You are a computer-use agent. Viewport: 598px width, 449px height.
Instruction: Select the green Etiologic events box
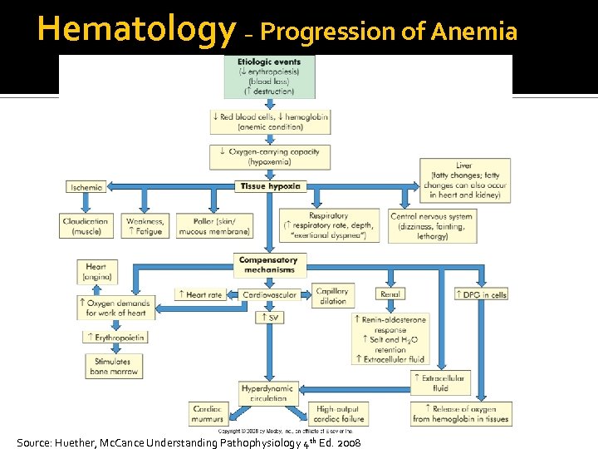[269, 76]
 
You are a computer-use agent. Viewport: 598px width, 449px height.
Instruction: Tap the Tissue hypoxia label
[270, 186]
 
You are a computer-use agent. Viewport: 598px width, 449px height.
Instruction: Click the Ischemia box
[87, 187]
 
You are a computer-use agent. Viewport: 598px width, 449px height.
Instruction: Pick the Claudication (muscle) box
[86, 226]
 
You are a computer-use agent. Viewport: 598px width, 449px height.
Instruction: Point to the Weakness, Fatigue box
[145, 226]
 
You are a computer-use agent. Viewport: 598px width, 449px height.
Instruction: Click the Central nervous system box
[432, 226]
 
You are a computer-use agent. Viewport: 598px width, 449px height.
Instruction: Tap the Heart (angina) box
[96, 272]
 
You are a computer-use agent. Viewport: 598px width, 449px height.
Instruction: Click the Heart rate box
[199, 294]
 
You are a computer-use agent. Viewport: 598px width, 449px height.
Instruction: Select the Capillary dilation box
[332, 295]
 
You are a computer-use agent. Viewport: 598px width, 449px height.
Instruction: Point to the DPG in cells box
[483, 294]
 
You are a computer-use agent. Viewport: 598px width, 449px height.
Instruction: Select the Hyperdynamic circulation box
[267, 392]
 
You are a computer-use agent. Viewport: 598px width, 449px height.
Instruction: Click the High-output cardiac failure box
[336, 413]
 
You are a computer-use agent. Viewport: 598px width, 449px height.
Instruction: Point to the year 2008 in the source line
[346, 444]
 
